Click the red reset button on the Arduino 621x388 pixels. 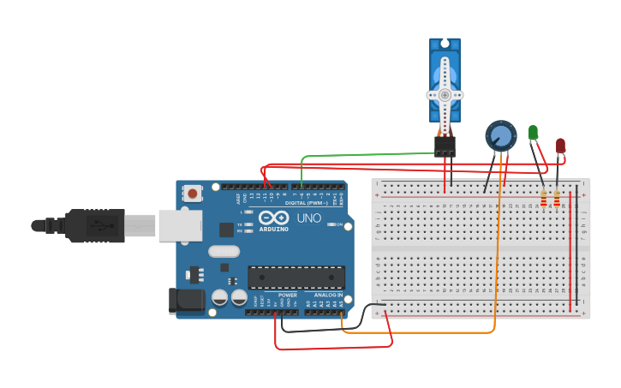[x=192, y=194]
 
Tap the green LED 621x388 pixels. [x=533, y=133]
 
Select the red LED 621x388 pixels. [x=560, y=146]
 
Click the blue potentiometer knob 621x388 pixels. [x=501, y=135]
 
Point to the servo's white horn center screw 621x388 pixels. [x=445, y=94]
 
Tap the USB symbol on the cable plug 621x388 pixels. [x=101, y=226]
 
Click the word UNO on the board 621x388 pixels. [x=308, y=218]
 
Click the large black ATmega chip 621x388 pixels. [x=296, y=277]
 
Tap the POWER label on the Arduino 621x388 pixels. [x=287, y=295]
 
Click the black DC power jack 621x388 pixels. [x=187, y=300]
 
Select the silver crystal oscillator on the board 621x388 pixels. [x=224, y=251]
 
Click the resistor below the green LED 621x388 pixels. [x=544, y=199]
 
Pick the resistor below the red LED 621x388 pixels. [x=557, y=199]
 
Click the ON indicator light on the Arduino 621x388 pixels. [x=329, y=224]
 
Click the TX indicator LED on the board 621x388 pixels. [x=248, y=224]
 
